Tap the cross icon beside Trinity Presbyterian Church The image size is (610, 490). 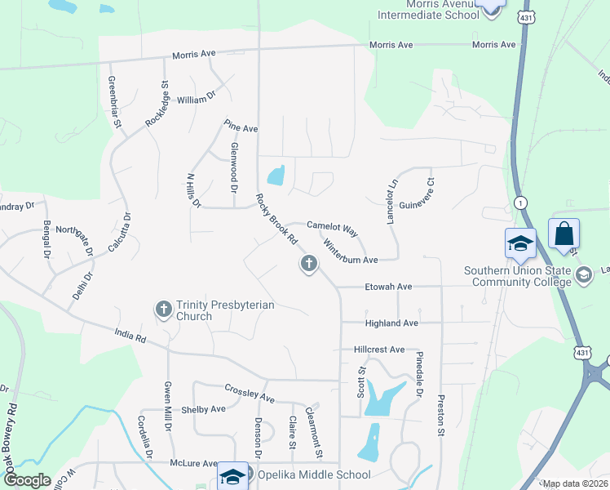(163, 309)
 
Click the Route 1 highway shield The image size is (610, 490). (519, 202)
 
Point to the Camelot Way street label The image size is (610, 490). (333, 228)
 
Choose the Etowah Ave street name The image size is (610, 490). (388, 287)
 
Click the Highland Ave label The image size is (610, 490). (391, 323)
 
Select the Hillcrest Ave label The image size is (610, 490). (379, 350)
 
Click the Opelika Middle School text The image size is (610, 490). (314, 474)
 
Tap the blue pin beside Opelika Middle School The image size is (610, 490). (232, 476)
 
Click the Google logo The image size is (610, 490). (27, 480)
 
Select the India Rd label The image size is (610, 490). (129, 336)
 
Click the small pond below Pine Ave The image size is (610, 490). (276, 175)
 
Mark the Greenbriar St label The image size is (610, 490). (113, 102)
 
